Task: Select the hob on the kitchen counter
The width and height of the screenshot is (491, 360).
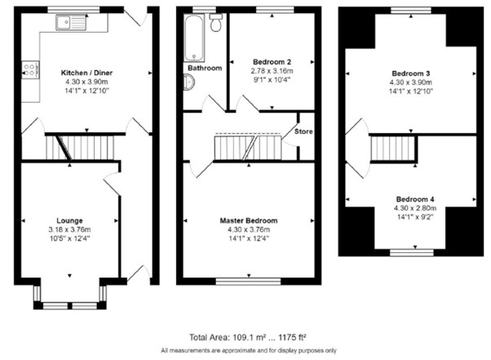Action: click(x=31, y=69)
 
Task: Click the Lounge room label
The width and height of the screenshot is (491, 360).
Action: click(x=69, y=220)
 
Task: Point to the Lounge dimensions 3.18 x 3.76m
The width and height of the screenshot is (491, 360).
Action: click(x=69, y=229)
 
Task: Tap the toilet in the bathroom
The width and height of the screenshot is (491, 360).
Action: click(x=215, y=24)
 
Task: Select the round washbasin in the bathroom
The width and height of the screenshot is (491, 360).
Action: click(x=188, y=82)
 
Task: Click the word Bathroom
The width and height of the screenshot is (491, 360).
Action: click(x=204, y=68)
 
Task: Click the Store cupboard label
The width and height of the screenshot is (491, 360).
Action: click(x=303, y=131)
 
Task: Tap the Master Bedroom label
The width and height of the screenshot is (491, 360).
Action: click(x=248, y=220)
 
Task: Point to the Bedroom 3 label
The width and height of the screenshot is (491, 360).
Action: click(x=410, y=73)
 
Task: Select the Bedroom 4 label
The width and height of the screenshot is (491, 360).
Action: click(x=415, y=199)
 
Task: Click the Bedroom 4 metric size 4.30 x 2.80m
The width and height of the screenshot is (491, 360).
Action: click(x=415, y=207)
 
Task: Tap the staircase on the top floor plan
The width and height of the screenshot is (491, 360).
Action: click(x=388, y=149)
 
